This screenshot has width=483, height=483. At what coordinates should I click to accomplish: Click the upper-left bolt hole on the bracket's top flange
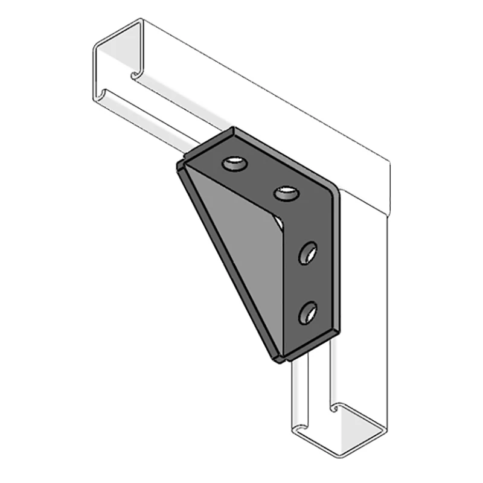(234, 163)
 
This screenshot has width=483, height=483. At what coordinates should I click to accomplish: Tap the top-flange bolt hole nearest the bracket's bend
(286, 194)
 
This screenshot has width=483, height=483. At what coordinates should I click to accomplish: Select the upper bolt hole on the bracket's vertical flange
(308, 252)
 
